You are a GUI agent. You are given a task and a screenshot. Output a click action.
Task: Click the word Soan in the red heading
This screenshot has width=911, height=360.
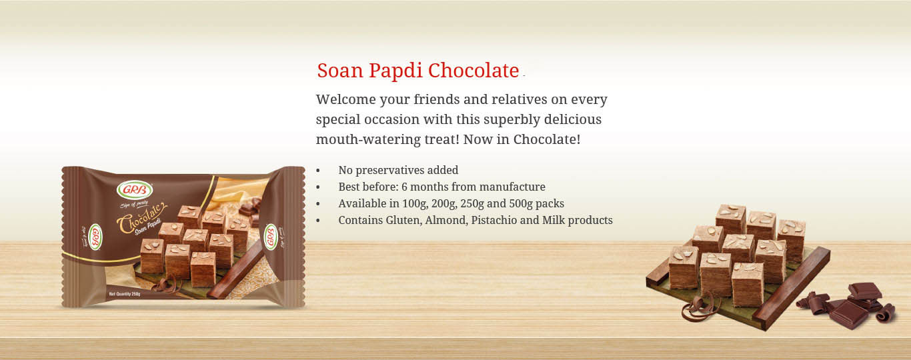click(x=340, y=70)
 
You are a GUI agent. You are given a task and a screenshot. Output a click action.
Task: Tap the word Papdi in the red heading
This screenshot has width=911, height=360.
click(x=395, y=71)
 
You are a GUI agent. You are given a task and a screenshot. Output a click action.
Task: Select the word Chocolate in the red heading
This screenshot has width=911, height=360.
click(x=474, y=70)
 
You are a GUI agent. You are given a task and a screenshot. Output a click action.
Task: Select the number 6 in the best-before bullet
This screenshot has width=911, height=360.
click(x=404, y=187)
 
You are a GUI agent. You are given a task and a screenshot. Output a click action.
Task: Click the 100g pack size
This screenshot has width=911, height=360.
click(x=414, y=203)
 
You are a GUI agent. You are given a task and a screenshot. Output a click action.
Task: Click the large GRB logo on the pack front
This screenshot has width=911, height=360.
click(x=135, y=189)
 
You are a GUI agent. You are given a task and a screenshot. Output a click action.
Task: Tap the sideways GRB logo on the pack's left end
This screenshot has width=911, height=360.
click(x=94, y=237)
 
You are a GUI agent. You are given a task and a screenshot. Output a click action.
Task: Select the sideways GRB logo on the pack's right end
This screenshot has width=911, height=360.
click(x=271, y=237)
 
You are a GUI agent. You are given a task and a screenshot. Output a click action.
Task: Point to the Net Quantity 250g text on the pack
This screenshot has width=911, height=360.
click(x=125, y=294)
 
